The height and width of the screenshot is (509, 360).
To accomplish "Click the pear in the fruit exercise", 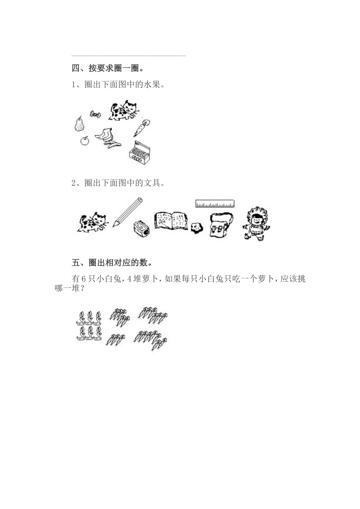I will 79,124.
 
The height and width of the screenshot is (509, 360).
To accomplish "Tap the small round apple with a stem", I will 85,141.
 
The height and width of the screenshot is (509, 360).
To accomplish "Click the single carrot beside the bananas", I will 141,128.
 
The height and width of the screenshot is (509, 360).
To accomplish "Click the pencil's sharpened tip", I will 114,225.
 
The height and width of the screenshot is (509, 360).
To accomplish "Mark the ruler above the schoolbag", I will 214,204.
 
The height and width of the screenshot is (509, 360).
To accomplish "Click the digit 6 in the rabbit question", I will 85,279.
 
